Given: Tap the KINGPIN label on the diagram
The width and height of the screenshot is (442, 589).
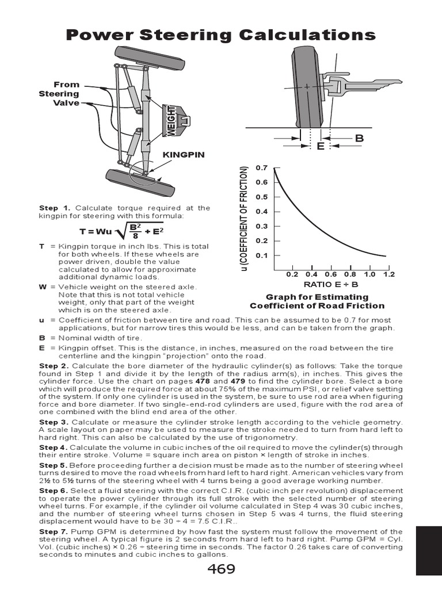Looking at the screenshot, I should pyautogui.click(x=183, y=155).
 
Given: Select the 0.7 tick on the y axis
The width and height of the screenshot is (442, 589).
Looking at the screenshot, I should pyautogui.click(x=262, y=168).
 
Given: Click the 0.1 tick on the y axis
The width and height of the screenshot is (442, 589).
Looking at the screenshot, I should pyautogui.click(x=262, y=255).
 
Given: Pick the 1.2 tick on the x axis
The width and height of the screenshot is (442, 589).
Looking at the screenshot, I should pyautogui.click(x=388, y=274).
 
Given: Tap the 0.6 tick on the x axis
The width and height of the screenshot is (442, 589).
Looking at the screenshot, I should pyautogui.click(x=330, y=274).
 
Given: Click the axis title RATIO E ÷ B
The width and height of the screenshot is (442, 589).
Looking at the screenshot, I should pyautogui.click(x=330, y=284).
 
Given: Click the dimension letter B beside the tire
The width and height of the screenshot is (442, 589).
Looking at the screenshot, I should pyautogui.click(x=359, y=138).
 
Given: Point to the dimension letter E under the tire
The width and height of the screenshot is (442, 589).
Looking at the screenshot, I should pyautogui.click(x=321, y=147).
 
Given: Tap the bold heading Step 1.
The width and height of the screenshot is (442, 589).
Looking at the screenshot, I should pyautogui.click(x=55, y=208).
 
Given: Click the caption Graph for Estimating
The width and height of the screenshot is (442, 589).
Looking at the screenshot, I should pyautogui.click(x=317, y=297).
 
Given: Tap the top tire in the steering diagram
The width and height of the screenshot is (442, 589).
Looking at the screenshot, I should pyautogui.click(x=153, y=58).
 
